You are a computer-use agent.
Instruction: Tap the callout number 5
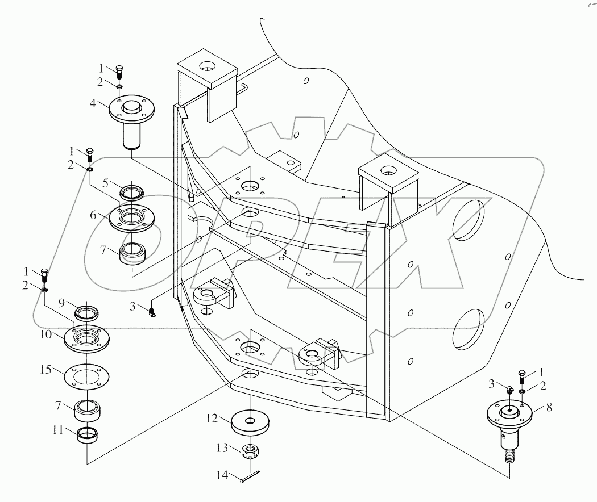(x=106, y=183)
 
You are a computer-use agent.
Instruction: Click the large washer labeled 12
(x=250, y=422)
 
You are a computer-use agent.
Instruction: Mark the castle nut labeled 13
(x=250, y=451)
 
